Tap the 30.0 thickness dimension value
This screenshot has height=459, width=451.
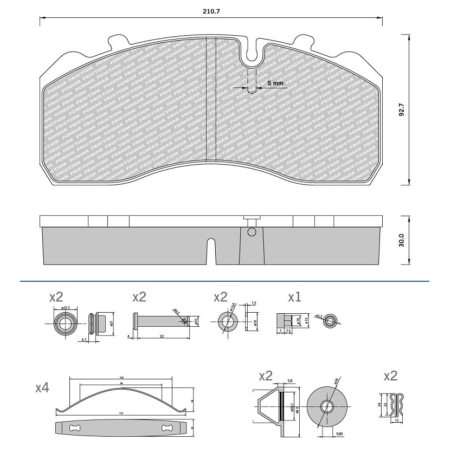402,240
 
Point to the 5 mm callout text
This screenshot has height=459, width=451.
275,83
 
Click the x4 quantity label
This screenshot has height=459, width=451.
42,388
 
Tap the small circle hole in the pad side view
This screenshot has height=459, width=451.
250,232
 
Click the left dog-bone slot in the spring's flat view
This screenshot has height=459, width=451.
75,429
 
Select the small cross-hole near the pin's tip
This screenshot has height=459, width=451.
185,320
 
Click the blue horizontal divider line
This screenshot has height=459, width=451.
225,281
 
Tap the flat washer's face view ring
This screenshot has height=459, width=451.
227,321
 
